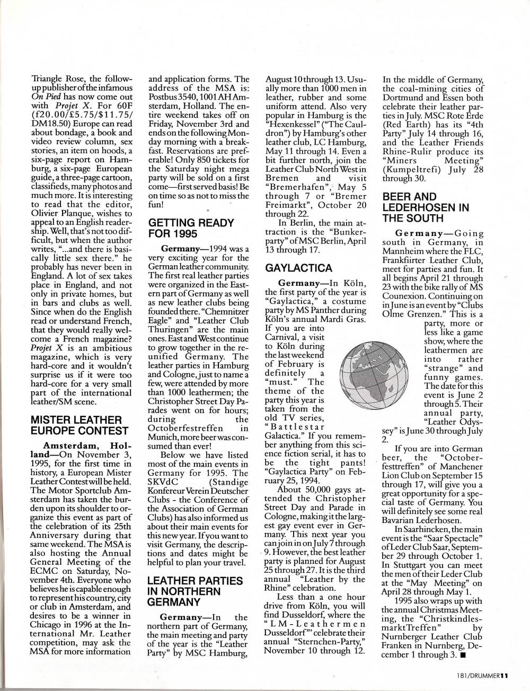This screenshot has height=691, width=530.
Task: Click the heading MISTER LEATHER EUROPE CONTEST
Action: tap(78, 425)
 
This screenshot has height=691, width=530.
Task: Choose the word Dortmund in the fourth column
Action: tap(404, 98)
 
